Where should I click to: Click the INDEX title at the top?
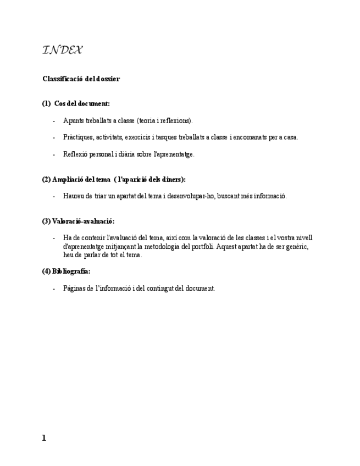(62, 51)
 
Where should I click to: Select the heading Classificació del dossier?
(81, 79)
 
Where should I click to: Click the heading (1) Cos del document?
(76, 104)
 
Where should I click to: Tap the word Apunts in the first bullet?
(72, 121)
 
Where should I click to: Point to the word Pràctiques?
(77, 137)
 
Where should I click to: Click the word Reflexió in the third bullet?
(74, 154)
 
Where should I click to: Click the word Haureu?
(73, 196)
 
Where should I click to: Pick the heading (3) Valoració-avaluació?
(78, 221)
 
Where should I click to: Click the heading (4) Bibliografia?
(66, 271)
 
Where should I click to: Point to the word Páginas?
(74, 289)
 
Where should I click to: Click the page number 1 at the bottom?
(44, 438)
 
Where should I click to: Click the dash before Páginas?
(54, 289)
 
